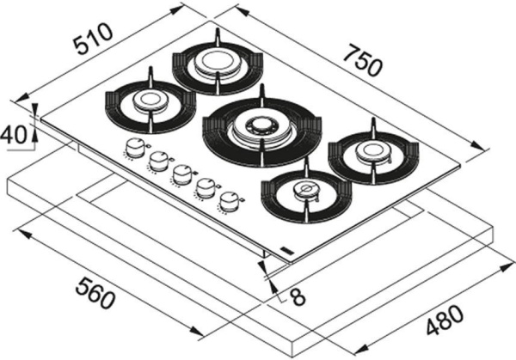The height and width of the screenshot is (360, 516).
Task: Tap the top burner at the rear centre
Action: pos(217,63)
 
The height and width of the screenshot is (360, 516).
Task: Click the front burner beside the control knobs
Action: pos(305,192)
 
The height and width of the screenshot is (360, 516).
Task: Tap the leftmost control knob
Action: pos(135,148)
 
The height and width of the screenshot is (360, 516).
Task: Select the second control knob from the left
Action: pos(158,161)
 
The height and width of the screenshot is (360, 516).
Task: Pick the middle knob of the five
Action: pos(181,174)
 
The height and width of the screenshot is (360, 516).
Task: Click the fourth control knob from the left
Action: pos(206,187)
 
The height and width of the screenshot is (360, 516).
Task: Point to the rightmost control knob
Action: pos(229,201)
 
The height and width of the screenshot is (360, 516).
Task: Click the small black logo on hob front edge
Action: pos(286,249)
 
